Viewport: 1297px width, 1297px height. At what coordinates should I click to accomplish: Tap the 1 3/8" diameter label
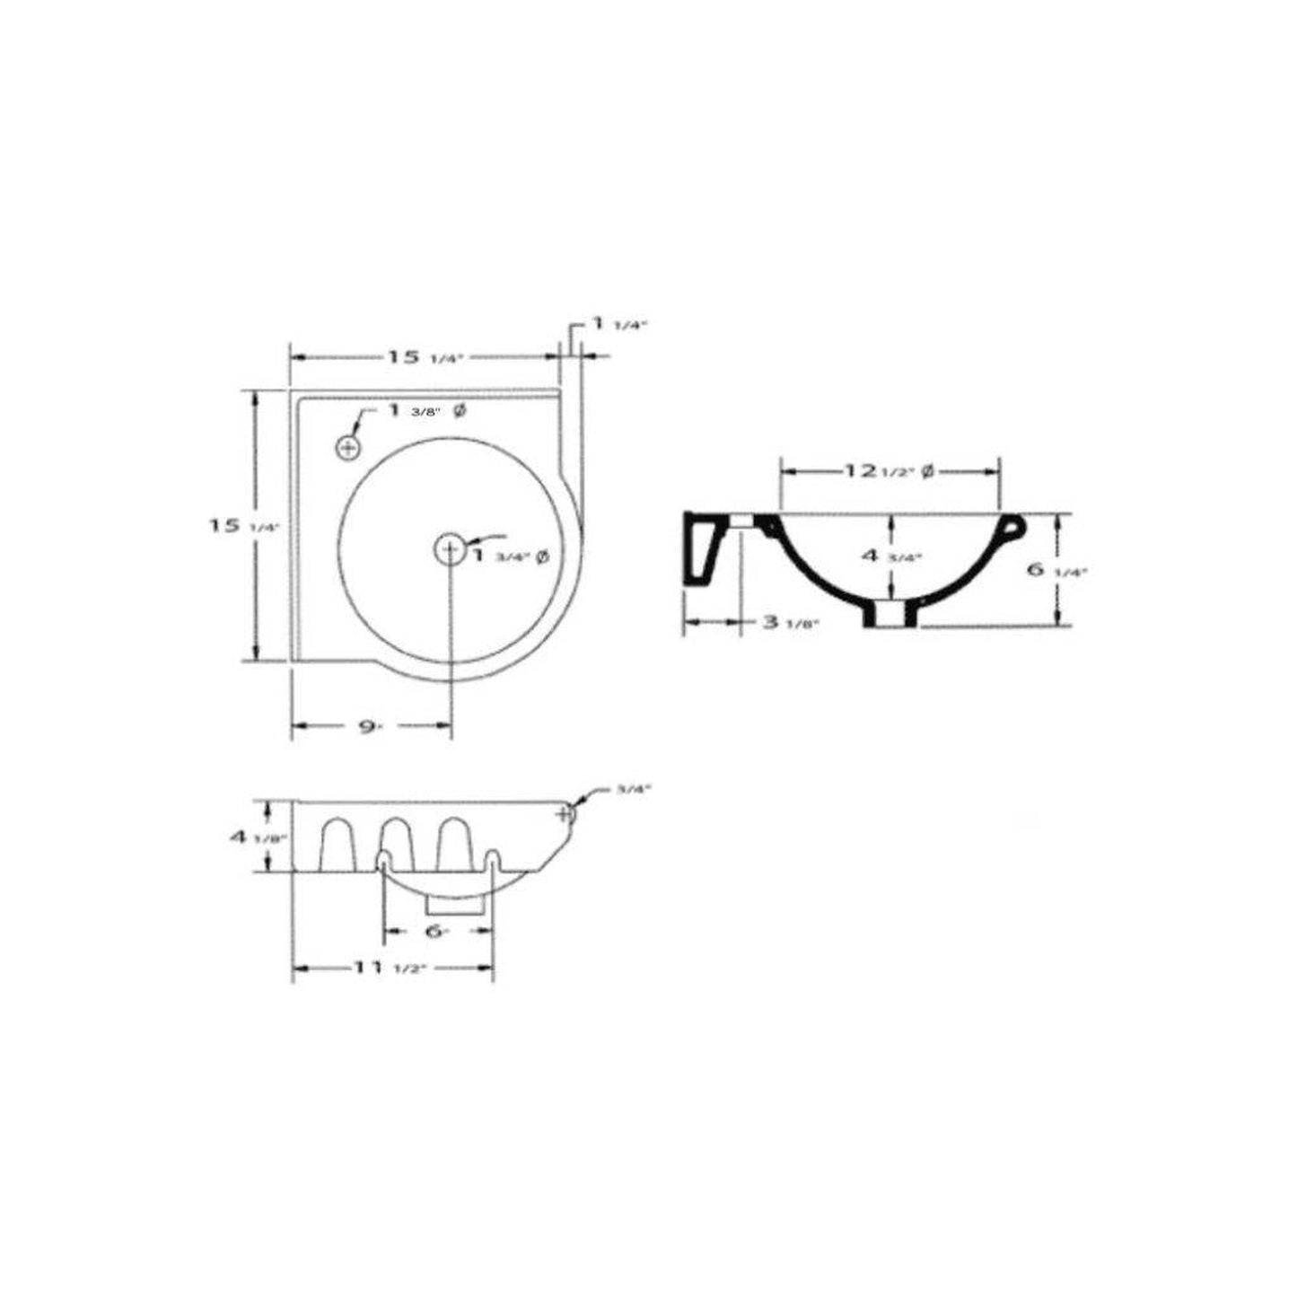pyautogui.click(x=426, y=411)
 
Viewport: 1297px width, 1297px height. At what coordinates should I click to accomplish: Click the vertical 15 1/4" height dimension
pyautogui.click(x=232, y=527)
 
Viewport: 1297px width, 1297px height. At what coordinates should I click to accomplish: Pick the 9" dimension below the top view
pyautogui.click(x=367, y=726)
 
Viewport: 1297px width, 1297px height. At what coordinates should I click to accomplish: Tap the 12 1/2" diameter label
pyautogui.click(x=888, y=470)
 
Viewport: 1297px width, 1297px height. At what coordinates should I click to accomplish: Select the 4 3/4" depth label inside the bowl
pyautogui.click(x=892, y=556)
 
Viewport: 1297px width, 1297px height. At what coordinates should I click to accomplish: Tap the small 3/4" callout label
pyautogui.click(x=634, y=789)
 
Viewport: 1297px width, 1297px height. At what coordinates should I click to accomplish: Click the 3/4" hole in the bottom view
pyautogui.click(x=565, y=814)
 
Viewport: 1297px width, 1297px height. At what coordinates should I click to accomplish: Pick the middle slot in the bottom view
pyautogui.click(x=394, y=843)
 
